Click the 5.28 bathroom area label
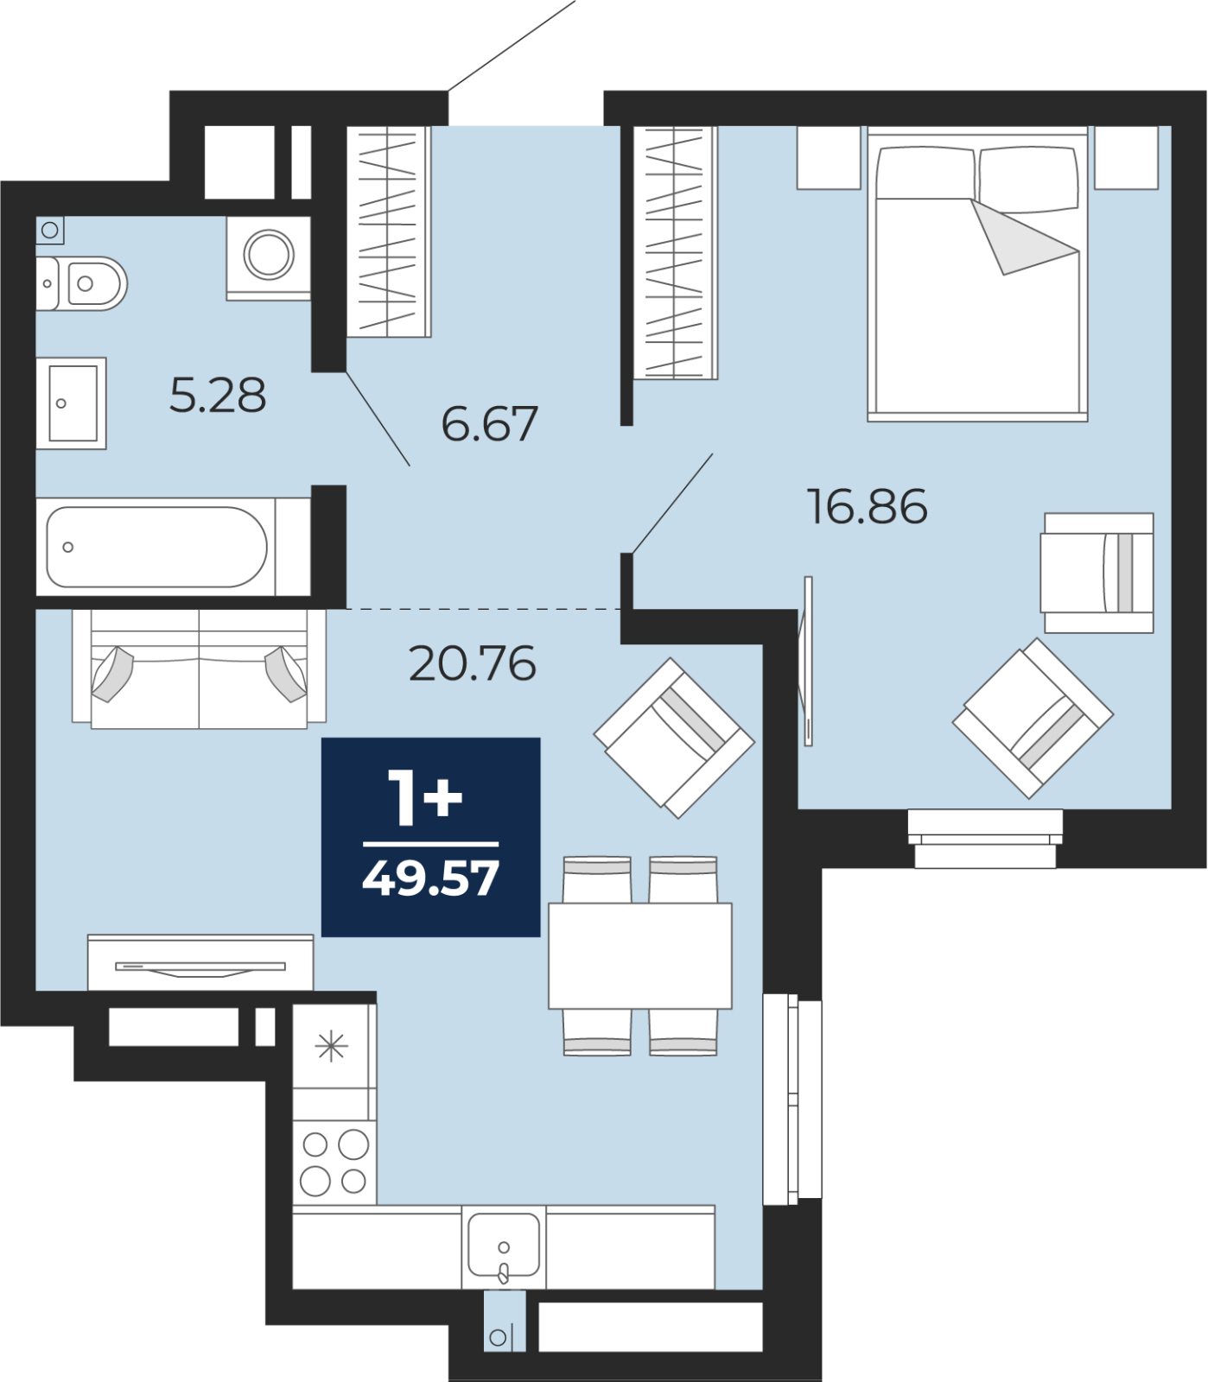218,396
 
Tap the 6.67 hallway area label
489,423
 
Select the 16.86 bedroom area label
867,506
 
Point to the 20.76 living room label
472,663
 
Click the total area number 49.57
430,878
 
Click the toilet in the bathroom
81,283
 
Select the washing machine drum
269,255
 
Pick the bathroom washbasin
72,403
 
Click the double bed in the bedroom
977,275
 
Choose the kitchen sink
504,1246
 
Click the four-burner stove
334,1163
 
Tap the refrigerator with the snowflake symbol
334,1047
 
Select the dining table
640,956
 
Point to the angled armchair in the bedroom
1033,718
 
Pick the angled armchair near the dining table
674,739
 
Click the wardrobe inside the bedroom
675,252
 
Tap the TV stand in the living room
200,962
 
